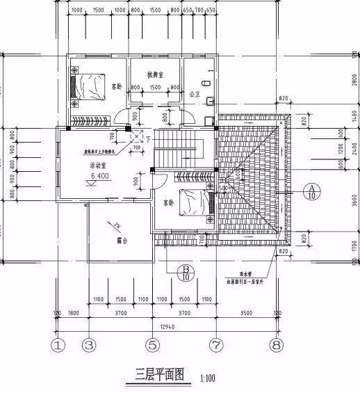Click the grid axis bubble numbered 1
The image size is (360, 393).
tap(58, 344)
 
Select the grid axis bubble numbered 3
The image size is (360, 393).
tap(88, 344)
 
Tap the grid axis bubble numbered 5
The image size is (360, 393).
tap(152, 344)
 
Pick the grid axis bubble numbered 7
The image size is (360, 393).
tap(215, 344)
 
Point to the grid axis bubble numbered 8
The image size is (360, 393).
tap(277, 344)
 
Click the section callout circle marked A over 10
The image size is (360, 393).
tap(313, 192)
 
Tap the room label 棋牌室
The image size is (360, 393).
tap(154, 74)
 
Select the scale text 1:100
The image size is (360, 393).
tap(207, 379)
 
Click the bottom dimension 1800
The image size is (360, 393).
tap(74, 314)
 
